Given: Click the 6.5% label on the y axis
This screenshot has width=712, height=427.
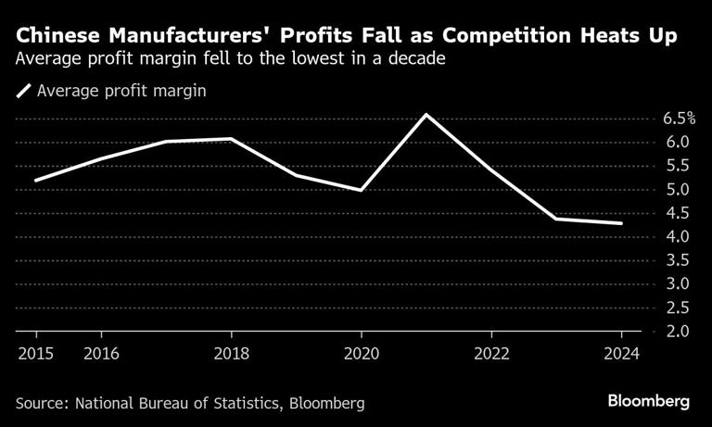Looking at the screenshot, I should [680, 119].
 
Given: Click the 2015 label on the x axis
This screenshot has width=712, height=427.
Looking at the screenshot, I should [36, 352].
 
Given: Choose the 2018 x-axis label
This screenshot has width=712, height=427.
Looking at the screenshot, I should [231, 352].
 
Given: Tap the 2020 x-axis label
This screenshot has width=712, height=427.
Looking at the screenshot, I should [361, 352].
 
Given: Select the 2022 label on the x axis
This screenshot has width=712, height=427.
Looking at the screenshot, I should [490, 352].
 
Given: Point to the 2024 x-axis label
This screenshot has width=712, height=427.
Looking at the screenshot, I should [620, 352].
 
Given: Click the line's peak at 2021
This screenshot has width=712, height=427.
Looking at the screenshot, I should [426, 115].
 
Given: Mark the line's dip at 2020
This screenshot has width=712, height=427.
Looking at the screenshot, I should [361, 190].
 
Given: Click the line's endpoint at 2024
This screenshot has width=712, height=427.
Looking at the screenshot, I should [621, 223].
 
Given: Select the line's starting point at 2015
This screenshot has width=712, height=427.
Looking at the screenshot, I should [36, 181].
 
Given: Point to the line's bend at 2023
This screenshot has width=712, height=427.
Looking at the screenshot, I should [555, 219].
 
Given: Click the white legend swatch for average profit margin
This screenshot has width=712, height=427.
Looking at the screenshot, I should [23, 92].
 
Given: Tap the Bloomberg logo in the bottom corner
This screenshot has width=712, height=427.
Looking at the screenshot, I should [648, 402].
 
